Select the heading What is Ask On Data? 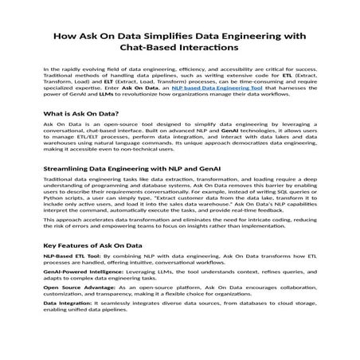[x=80, y=114]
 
